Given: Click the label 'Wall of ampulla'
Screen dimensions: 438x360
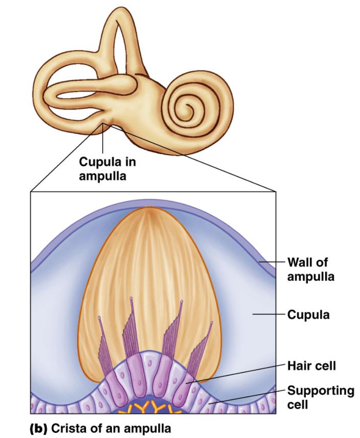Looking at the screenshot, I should pyautogui.click(x=310, y=269).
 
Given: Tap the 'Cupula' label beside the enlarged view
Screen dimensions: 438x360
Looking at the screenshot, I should pyautogui.click(x=308, y=315).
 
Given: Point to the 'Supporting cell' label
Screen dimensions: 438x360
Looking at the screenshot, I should pyautogui.click(x=320, y=397).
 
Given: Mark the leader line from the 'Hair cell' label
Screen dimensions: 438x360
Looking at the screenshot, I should pyautogui.click(x=241, y=373).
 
